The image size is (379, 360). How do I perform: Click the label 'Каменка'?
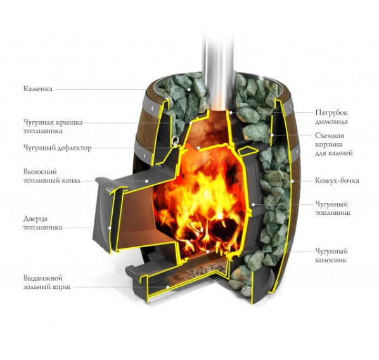tap(37, 89)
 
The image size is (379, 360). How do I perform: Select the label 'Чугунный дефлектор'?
tap(58, 148)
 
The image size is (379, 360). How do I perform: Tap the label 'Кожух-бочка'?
tap(337, 181)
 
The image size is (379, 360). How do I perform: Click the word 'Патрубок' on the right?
tap(331, 113)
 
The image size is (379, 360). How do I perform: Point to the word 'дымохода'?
tap(331, 121)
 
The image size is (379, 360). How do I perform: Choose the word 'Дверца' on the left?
tap(35, 219)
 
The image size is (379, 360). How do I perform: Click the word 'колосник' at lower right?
tap(331, 260)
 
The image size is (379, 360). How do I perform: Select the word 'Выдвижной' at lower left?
tap(43, 278)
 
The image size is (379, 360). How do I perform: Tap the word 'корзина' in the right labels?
tap(329, 145)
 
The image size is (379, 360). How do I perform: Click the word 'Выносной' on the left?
tap(40, 172)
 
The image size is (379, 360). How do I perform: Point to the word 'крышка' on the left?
tap(70, 122)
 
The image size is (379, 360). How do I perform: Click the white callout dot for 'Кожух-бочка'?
tap(292, 181)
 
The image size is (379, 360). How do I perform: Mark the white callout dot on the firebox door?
tap(110, 228)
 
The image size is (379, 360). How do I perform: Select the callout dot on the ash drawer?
tap(168, 287)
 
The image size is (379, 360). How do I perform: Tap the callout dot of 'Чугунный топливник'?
tap(254, 204)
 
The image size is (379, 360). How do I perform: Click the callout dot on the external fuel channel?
tap(146, 181)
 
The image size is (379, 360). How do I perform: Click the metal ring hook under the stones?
tap(175, 140)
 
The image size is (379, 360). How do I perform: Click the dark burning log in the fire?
tap(222, 229)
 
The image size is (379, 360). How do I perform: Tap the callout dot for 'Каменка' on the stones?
tap(189, 89)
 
